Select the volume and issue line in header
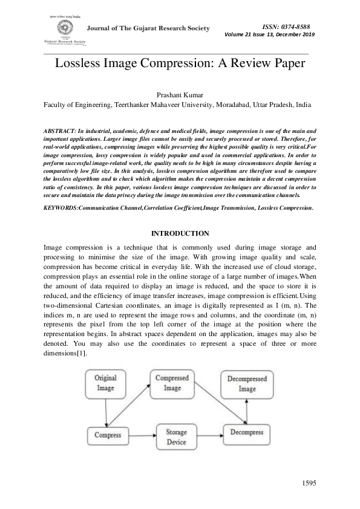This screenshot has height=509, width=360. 270,34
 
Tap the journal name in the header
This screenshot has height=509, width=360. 148,28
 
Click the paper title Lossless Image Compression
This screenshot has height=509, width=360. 180,65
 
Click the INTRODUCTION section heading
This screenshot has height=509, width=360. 180,233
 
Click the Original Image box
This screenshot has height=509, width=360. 105,383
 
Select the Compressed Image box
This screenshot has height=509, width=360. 172,383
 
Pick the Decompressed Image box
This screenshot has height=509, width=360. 247,384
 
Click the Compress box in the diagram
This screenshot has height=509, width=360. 108,435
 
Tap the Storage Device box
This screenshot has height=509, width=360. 177,436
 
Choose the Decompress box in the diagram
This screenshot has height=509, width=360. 246,433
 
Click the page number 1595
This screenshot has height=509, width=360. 309,484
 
